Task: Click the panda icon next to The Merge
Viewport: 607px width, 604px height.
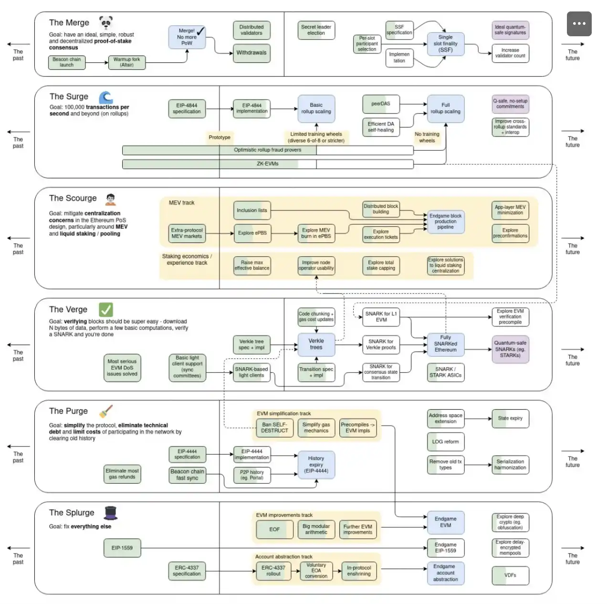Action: [x=106, y=22]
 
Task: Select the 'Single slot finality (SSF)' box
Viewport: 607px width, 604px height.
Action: [x=445, y=44]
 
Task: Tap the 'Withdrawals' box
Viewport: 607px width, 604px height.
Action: [x=251, y=53]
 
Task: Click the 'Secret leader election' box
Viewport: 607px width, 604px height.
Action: [x=316, y=30]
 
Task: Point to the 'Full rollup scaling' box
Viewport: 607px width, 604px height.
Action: [x=445, y=109]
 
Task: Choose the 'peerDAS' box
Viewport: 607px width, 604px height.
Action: [x=381, y=104]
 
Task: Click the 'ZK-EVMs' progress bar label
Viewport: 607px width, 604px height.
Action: [x=267, y=164]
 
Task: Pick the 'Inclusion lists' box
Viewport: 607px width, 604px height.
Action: [x=251, y=210]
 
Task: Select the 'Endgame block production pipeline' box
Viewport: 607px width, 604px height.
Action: [x=445, y=222]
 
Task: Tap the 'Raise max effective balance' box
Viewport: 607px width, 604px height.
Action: [x=251, y=265]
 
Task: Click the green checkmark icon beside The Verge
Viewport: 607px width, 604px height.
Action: [x=106, y=310]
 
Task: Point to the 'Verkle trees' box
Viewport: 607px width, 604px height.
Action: [x=316, y=344]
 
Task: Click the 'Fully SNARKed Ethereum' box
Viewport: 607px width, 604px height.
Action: [x=445, y=344]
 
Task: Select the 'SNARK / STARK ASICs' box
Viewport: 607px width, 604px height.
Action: [x=445, y=373]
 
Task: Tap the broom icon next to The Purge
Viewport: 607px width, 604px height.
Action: [x=106, y=411]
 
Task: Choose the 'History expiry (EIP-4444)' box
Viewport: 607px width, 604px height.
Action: [x=316, y=465]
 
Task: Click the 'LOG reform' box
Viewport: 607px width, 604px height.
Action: [x=445, y=442]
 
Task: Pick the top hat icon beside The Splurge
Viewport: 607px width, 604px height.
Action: [x=111, y=513]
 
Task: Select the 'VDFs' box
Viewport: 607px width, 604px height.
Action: [x=510, y=575]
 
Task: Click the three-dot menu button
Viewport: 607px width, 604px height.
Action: [x=579, y=23]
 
